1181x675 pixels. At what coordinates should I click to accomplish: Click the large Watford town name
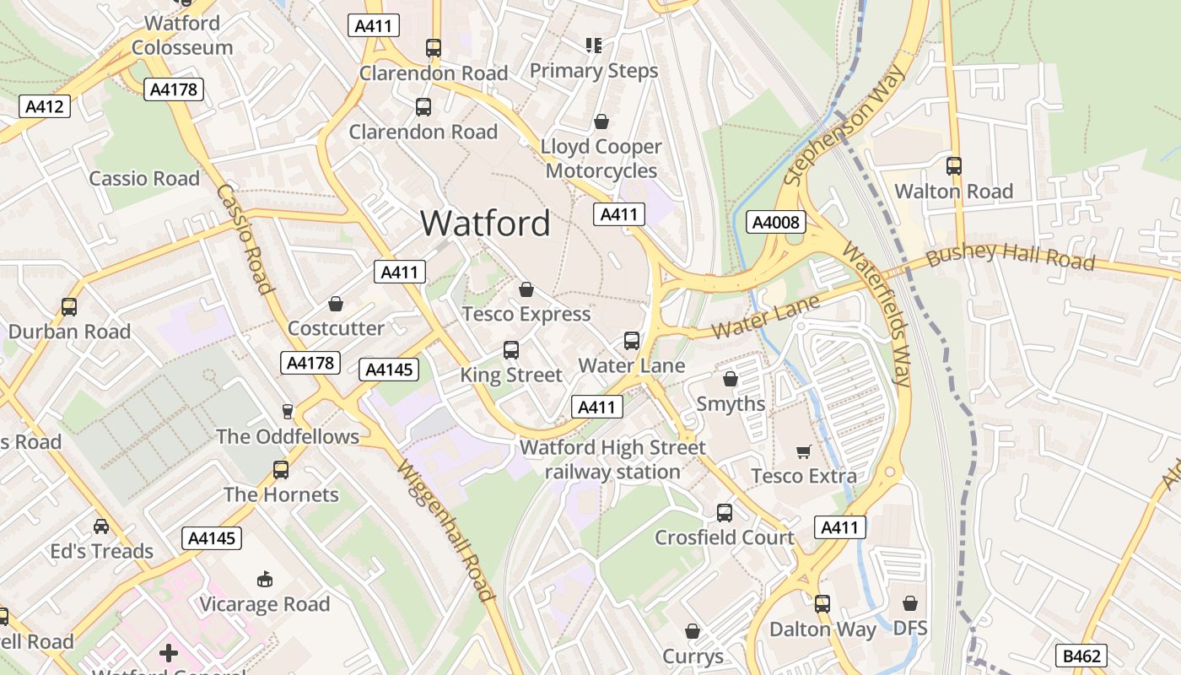485,224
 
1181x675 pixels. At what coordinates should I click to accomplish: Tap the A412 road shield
44,106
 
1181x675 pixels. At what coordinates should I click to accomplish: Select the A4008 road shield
776,223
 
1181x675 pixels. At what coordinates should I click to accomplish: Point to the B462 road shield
1081,656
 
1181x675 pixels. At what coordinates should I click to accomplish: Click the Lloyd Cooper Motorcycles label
601,159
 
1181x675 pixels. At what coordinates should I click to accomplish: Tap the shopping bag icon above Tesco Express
526,290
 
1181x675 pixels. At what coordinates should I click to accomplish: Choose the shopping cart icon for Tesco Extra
804,452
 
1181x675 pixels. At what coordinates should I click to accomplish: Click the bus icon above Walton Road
954,166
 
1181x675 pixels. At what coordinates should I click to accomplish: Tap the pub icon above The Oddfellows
288,412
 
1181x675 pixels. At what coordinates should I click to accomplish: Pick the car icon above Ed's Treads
101,526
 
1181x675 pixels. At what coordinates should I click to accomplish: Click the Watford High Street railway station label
612,460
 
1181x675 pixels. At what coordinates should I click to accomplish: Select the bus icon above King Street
510,350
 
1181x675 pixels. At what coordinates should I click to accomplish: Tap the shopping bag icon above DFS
910,604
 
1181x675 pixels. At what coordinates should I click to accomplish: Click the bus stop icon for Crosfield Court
725,513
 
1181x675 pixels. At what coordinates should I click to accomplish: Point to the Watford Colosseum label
182,35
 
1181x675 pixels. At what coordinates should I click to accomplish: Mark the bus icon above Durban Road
69,307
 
